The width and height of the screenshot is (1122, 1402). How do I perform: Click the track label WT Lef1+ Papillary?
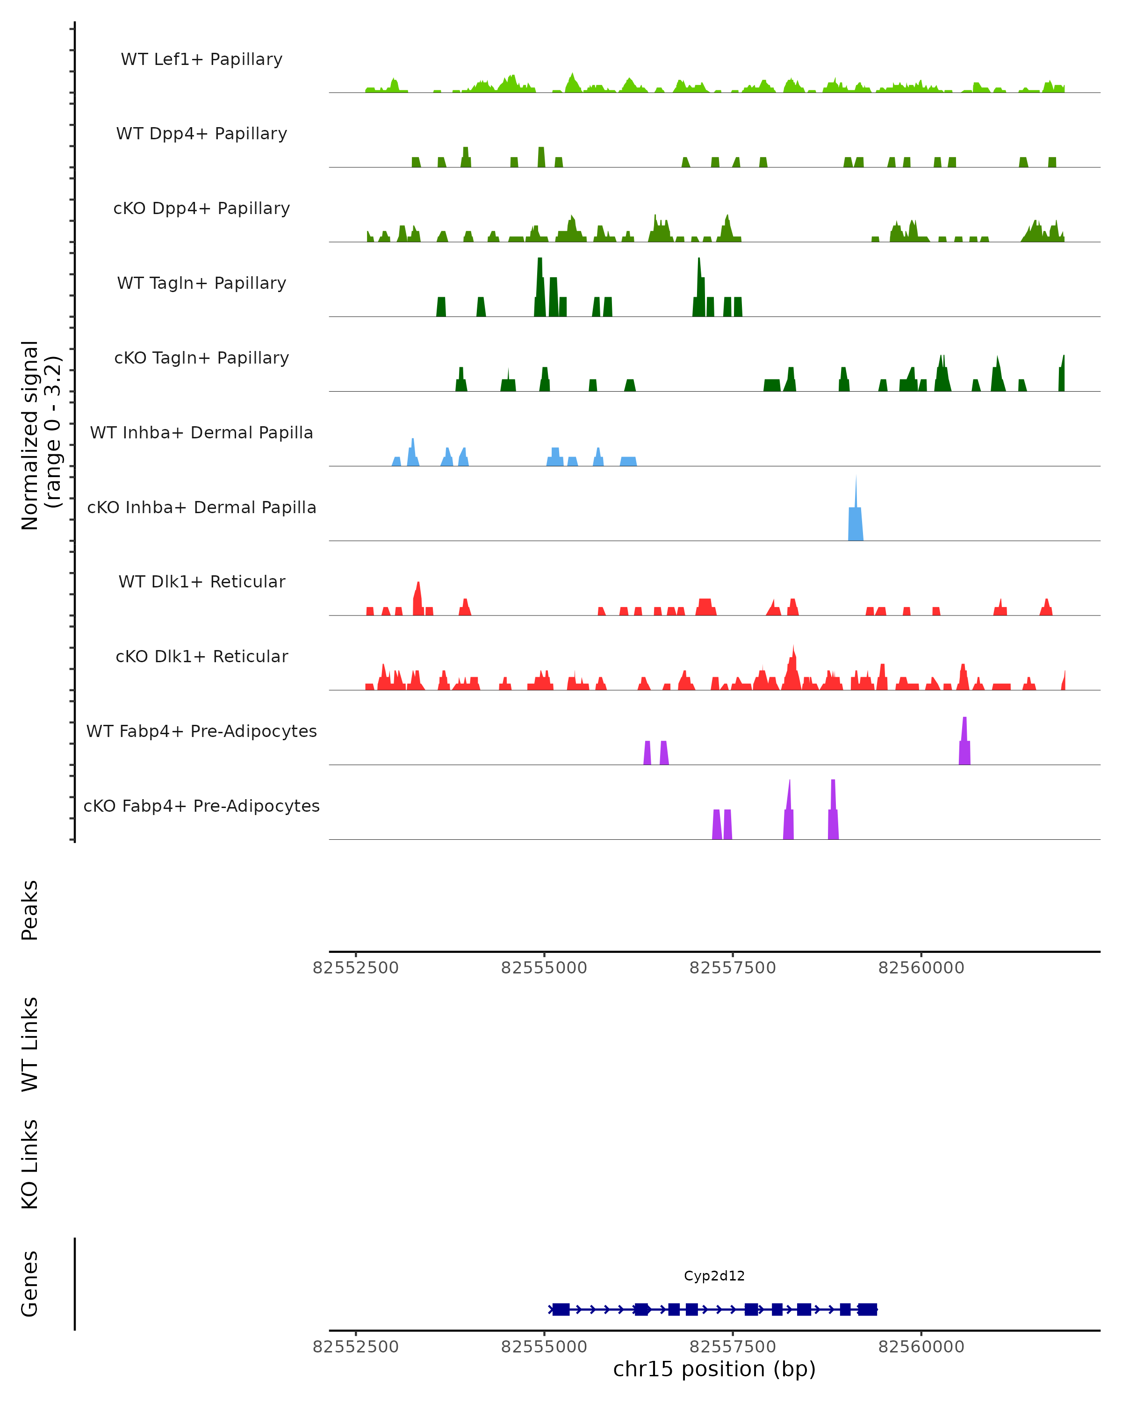201,59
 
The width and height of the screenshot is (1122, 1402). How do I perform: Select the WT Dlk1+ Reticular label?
201,581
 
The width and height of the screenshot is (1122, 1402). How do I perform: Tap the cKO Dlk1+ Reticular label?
201,656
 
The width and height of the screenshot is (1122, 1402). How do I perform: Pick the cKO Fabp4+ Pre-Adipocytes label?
201,806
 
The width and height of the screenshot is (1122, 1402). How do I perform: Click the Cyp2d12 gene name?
714,1276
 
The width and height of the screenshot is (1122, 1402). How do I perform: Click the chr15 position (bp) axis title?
714,1369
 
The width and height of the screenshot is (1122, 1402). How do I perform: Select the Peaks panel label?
30,910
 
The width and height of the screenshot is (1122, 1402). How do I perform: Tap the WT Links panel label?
30,1044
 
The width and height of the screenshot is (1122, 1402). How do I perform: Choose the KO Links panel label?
30,1164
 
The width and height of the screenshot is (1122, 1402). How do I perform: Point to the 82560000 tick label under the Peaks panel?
921,968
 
